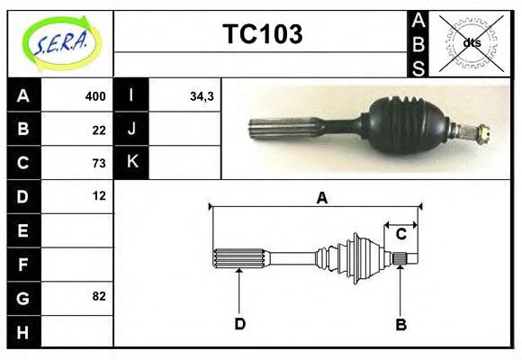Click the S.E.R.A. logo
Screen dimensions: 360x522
60,41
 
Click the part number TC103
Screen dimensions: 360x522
262,34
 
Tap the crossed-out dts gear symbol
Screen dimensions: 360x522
471,42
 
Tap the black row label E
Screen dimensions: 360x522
23,230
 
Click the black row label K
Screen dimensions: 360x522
132,163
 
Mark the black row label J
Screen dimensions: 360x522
132,130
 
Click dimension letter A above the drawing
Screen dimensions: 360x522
320,198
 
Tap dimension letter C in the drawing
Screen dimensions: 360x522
401,234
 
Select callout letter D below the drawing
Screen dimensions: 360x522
239,324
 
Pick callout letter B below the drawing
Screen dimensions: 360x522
401,324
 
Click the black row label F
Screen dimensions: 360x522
23,264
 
